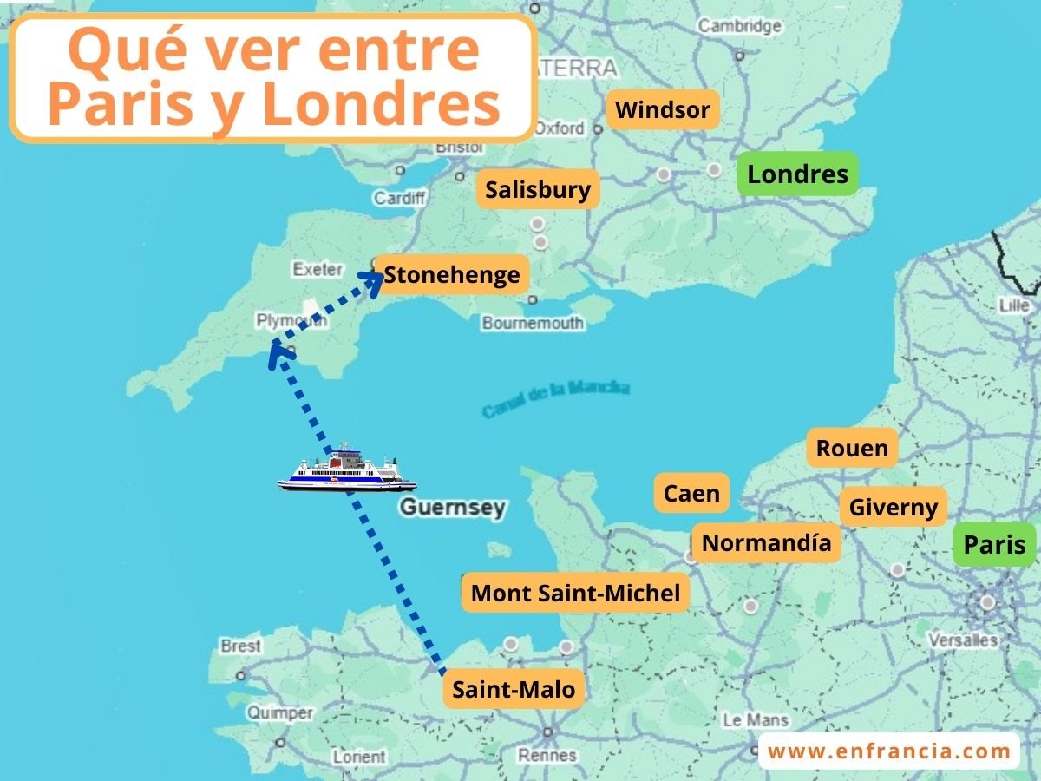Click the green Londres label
[797, 174]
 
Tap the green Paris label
[994, 545]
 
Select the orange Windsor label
[663, 110]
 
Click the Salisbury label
[538, 190]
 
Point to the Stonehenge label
[452, 275]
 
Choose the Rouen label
[852, 449]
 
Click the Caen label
[691, 494]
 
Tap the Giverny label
[893, 508]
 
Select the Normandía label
[766, 543]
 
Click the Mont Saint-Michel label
[575, 594]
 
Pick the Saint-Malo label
[514, 690]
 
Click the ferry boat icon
[347, 469]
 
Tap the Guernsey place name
[452, 507]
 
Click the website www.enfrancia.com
[889, 751]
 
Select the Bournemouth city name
[533, 323]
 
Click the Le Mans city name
[756, 719]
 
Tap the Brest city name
[240, 646]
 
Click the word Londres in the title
[381, 104]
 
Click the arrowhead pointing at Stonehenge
[375, 278]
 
